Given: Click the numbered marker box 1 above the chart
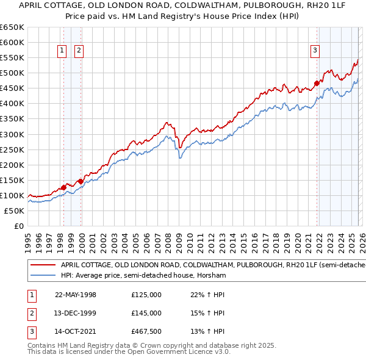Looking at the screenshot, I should click(x=62, y=51).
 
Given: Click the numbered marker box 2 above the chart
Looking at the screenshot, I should click(x=79, y=51).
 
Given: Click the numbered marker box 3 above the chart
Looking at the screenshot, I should click(x=315, y=51).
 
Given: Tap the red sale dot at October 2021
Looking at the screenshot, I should click(x=317, y=83).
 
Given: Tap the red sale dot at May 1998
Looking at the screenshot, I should click(x=63, y=187).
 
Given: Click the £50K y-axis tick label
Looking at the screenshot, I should click(x=14, y=211).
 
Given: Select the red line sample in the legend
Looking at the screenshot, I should click(x=43, y=265).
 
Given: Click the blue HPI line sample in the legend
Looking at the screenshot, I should click(x=43, y=276).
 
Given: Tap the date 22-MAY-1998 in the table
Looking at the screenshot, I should click(x=76, y=295).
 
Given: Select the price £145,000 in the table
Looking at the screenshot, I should click(x=146, y=313).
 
